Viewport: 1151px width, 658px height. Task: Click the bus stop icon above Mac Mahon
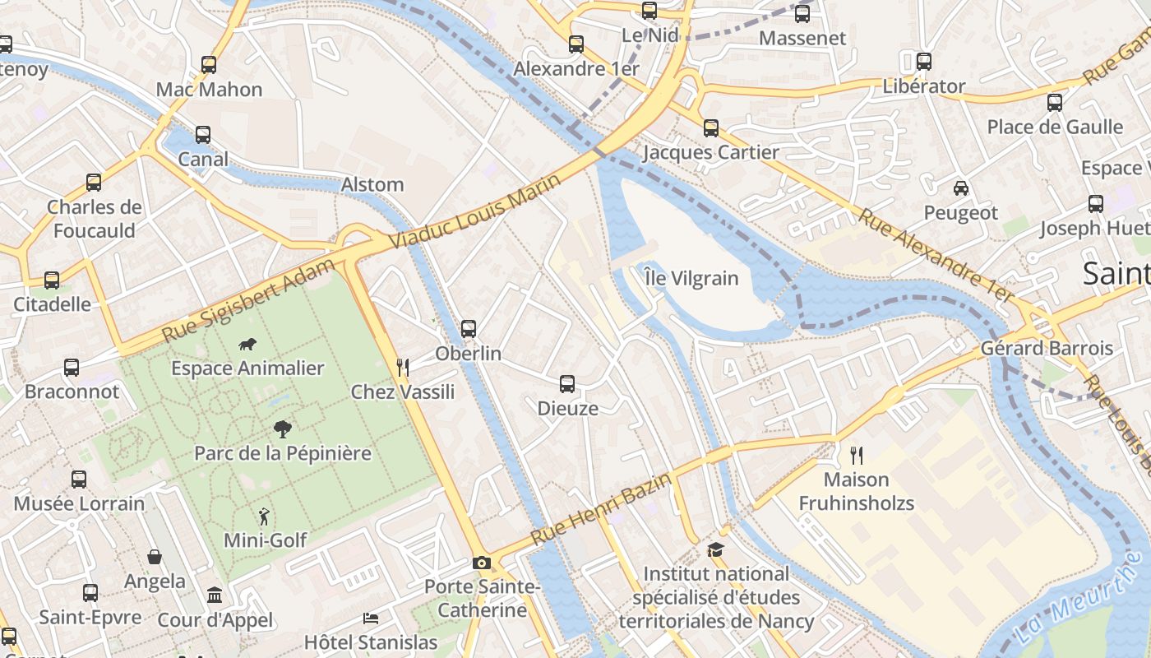209,65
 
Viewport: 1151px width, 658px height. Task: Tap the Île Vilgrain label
691,278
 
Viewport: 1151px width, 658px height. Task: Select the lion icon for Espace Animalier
247,344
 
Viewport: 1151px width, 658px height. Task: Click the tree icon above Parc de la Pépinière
282,429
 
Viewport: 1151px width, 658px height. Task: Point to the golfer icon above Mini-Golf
264,517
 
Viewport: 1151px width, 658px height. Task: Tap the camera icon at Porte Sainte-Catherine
482,563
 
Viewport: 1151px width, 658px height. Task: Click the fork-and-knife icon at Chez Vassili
403,368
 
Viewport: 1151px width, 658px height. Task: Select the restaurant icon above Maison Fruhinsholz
857,455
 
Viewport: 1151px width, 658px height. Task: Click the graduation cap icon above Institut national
715,549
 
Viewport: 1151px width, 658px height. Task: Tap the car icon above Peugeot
960,188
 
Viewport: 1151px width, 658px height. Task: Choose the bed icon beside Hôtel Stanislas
371,618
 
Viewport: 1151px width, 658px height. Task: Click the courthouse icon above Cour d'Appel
215,595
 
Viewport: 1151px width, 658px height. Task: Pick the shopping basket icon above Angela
155,558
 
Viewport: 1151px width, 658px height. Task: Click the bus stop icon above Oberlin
469,329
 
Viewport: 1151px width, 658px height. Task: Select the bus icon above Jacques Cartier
711,128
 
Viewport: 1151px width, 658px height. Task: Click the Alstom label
372,184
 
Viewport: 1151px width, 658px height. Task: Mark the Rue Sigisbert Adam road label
248,301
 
